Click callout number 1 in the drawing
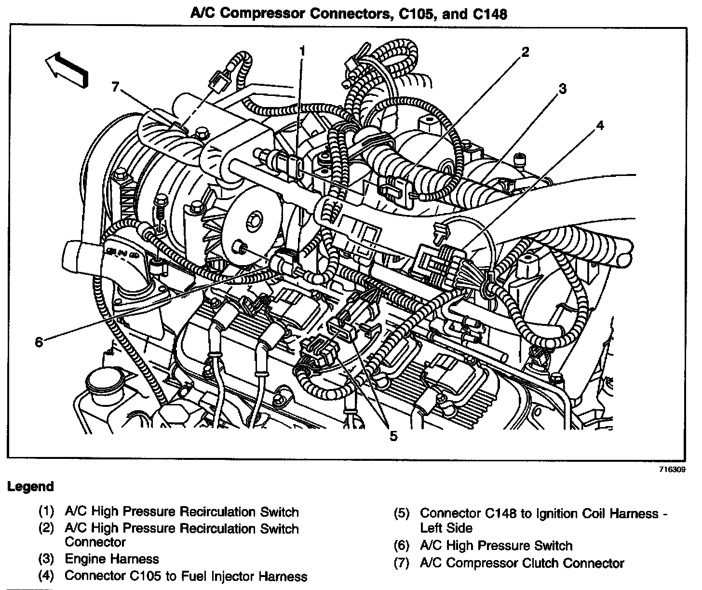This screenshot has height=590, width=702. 302,51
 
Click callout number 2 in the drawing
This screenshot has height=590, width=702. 525,52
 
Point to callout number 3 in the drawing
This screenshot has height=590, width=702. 562,89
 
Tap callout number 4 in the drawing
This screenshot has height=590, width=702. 599,126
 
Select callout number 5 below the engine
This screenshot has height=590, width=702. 393,437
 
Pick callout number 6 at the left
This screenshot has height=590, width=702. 39,342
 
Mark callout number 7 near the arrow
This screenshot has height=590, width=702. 115,87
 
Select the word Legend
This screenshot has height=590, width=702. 30,487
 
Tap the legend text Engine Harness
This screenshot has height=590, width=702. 111,559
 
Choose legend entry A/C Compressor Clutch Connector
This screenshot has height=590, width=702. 522,563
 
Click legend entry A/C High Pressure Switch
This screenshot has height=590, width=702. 496,546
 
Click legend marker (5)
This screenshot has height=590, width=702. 402,513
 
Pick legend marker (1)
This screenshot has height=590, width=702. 46,511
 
